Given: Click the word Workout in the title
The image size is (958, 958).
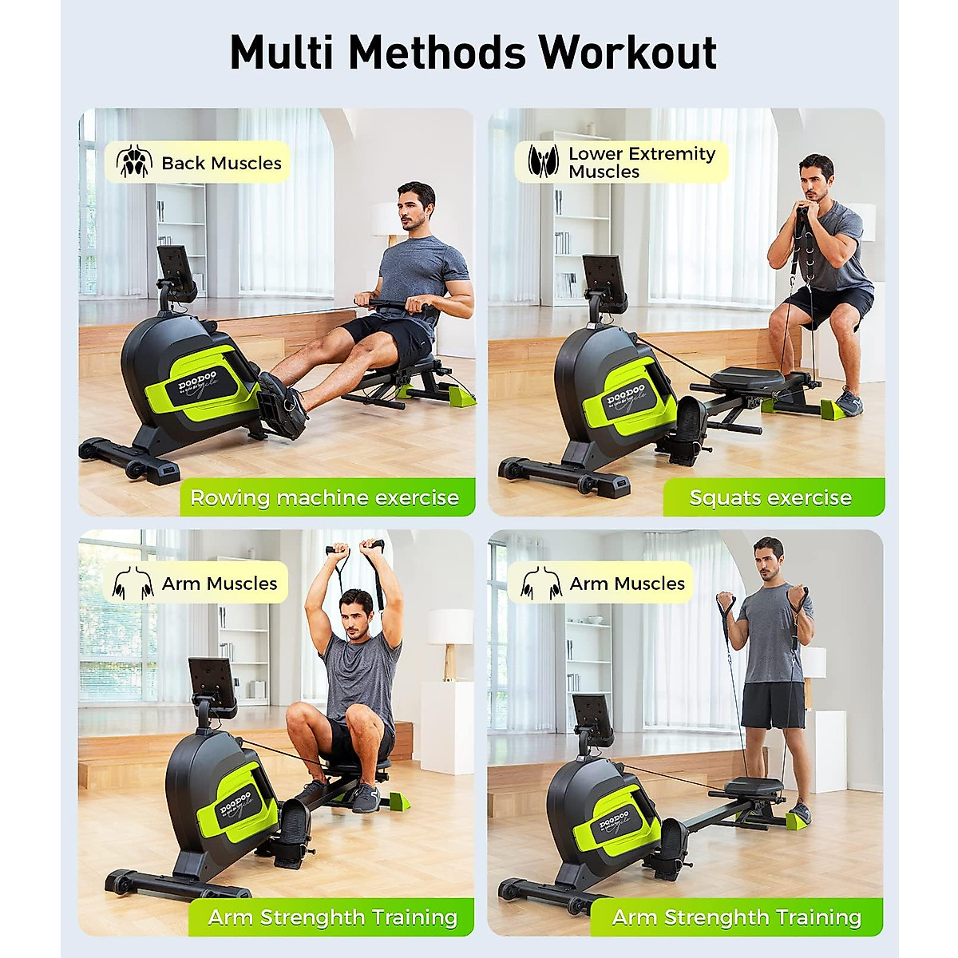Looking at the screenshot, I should (x=627, y=53).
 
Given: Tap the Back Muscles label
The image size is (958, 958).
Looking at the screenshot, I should (x=221, y=164).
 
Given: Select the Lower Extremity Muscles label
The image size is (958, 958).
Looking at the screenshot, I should (x=641, y=162).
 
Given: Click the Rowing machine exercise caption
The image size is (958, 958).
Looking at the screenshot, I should (x=324, y=498).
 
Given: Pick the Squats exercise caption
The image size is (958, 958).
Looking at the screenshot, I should (x=770, y=498).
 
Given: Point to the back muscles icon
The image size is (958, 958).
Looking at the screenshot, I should (x=134, y=162).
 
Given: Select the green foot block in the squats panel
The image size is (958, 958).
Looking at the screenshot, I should (x=836, y=409).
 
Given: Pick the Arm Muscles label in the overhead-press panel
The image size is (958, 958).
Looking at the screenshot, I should (x=219, y=584).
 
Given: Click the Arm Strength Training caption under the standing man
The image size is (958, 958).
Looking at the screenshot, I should (x=736, y=918).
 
